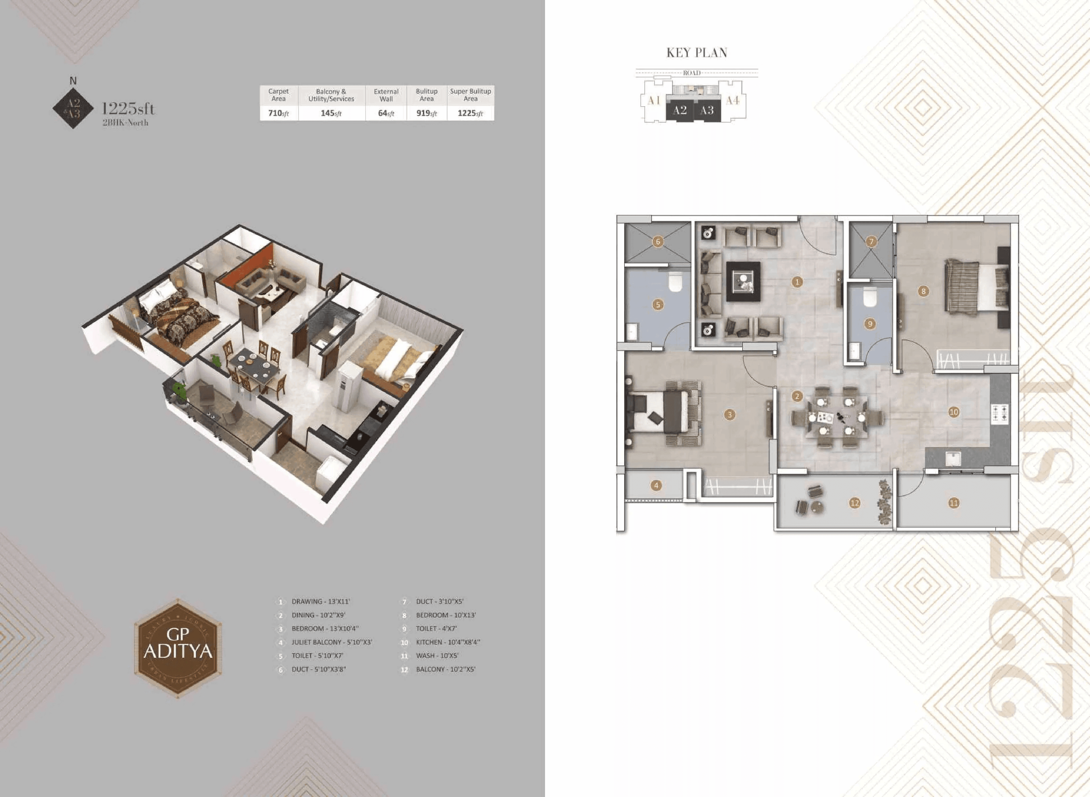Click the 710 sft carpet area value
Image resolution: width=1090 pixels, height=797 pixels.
point(278,113)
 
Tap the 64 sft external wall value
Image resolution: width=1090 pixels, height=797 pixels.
point(386,113)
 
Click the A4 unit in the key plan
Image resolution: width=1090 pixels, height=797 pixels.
point(732,100)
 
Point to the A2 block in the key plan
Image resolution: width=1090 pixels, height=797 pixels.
point(680,111)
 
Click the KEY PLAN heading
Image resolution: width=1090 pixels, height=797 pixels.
point(697,52)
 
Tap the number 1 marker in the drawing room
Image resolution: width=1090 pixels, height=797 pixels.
point(797,282)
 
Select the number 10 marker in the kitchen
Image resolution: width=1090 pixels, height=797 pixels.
point(953,412)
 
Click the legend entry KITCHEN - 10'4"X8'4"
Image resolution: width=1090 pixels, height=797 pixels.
point(447,642)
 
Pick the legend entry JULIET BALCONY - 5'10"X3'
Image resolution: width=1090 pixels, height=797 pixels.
point(331,642)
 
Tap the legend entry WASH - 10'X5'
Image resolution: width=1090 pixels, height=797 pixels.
point(437,656)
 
